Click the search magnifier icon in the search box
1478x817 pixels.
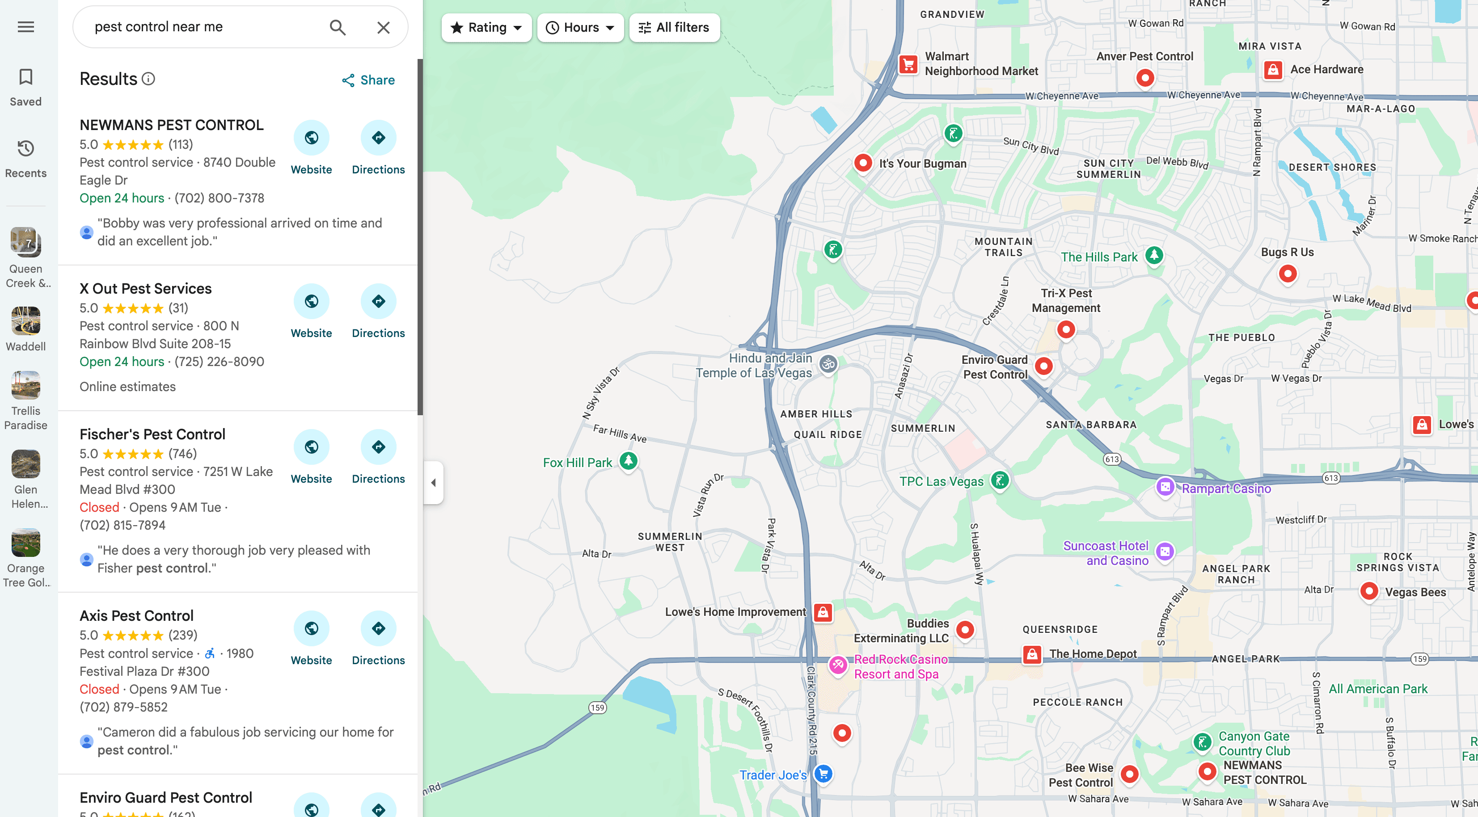click(338, 28)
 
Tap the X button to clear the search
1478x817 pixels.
click(383, 28)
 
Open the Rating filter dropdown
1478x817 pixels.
click(486, 28)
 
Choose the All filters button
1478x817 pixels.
click(674, 28)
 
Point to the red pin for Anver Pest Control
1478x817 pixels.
click(1144, 77)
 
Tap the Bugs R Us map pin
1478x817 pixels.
click(1288, 273)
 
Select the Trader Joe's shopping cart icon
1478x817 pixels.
click(823, 774)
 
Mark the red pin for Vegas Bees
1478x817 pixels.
click(1369, 591)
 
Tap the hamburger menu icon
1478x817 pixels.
click(26, 27)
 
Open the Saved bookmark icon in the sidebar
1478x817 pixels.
click(26, 77)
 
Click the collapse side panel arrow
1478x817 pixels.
click(433, 483)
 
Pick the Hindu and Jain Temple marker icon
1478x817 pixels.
click(828, 364)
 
